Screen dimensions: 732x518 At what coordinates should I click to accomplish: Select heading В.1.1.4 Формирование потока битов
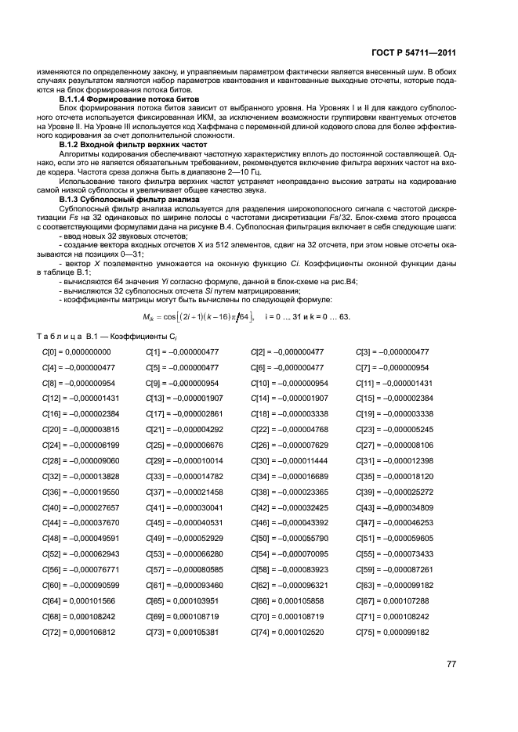[x=129, y=100]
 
